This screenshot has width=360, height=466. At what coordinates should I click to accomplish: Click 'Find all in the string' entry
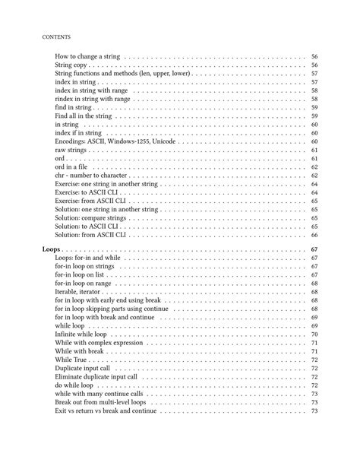pos(84,116)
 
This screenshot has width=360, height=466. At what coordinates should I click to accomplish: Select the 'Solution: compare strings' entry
pos(94,219)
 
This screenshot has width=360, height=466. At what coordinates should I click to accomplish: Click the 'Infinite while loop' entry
pos(81,334)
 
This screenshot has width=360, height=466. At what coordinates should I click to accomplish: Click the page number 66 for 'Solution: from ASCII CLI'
pos(314,236)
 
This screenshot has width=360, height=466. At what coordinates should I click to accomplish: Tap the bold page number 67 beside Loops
pos(314,249)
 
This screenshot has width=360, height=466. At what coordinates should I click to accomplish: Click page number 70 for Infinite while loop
pos(314,334)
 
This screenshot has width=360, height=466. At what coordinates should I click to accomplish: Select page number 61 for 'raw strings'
pos(314,151)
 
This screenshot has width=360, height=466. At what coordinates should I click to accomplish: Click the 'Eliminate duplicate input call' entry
pos(96,377)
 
